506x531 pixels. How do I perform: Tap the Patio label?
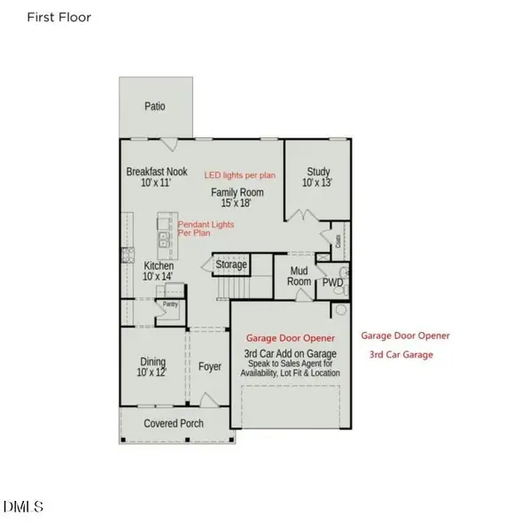point(155,107)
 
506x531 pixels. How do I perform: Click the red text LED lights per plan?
point(241,175)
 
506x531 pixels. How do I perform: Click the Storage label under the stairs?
point(231,265)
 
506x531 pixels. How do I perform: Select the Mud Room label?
point(300,276)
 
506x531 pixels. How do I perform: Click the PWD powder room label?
point(332,282)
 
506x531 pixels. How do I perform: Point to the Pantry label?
point(169,304)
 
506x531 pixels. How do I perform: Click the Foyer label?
point(210,366)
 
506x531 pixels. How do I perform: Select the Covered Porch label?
point(174,424)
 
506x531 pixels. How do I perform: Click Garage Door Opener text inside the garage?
point(290,338)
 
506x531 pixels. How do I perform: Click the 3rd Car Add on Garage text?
point(290,354)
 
